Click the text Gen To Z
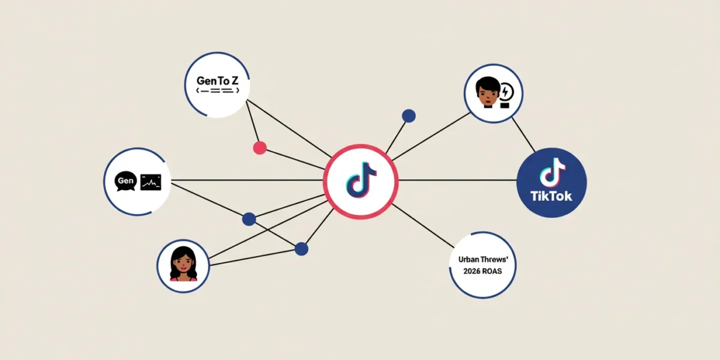pyautogui.click(x=217, y=80)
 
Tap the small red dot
pyautogui.click(x=260, y=148)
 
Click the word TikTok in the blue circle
pyautogui.click(x=551, y=196)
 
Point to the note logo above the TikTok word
pyautogui.click(x=552, y=172)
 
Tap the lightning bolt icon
pyautogui.click(x=506, y=92)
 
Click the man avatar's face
pyautogui.click(x=488, y=92)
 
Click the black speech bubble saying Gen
pyautogui.click(x=125, y=181)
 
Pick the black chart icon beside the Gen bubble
pyautogui.click(x=151, y=182)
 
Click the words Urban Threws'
pyautogui.click(x=483, y=259)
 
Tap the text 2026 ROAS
pyautogui.click(x=482, y=271)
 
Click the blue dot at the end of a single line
pyautogui.click(x=409, y=116)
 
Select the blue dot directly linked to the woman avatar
pyautogui.click(x=301, y=249)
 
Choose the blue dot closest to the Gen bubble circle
pyautogui.click(x=249, y=219)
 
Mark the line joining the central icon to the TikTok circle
pyautogui.click(x=457, y=181)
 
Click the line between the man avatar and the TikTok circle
pyautogui.click(x=524, y=134)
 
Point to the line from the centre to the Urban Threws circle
pyautogui.click(x=423, y=226)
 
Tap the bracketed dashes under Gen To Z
pyautogui.click(x=217, y=91)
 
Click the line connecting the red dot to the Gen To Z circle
pyautogui.click(x=253, y=121)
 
